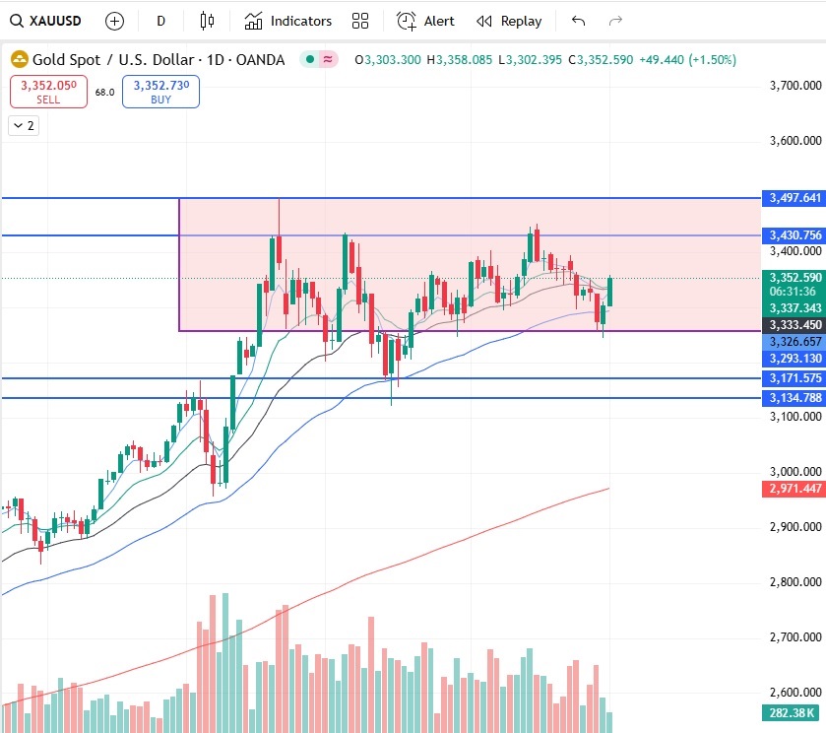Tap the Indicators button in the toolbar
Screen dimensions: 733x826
tap(288, 21)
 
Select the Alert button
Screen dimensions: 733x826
tap(425, 21)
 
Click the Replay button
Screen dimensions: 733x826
tap(509, 21)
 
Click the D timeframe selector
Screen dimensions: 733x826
tap(161, 21)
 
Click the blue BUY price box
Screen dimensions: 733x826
tap(160, 92)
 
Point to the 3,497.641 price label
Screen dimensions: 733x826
tap(794, 198)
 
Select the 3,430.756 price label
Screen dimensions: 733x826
tap(794, 234)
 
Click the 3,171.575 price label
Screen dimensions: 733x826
tap(794, 377)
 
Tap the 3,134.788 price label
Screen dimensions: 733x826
tap(794, 397)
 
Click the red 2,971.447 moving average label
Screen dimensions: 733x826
tap(794, 489)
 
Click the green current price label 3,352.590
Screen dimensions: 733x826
tap(794, 278)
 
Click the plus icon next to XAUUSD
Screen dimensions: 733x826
tap(115, 21)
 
